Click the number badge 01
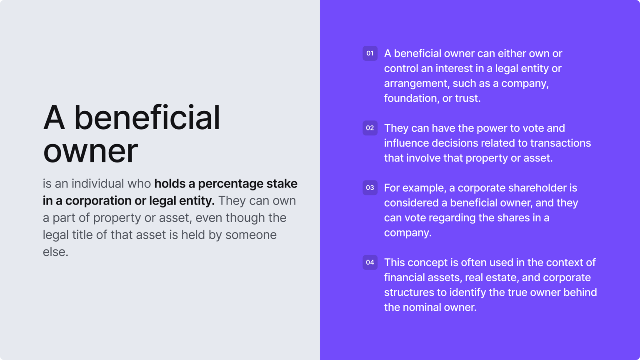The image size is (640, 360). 370,53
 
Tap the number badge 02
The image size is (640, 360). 370,128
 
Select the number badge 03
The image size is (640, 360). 370,187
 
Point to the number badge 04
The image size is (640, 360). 370,262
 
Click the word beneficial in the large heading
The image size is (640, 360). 147,118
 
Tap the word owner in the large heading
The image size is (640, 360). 90,151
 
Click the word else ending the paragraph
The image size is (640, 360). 55,252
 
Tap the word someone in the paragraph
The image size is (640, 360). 251,235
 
